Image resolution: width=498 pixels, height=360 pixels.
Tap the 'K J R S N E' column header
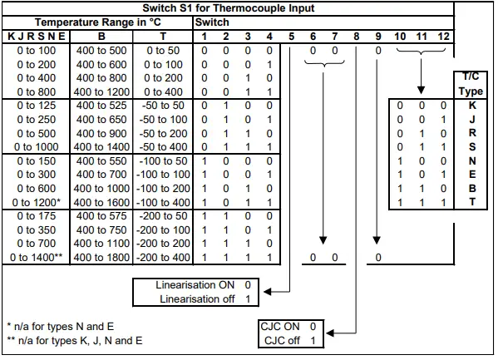(x=36, y=37)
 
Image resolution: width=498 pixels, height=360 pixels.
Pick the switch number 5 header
(x=292, y=37)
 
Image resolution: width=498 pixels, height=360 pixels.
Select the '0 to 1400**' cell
(x=36, y=258)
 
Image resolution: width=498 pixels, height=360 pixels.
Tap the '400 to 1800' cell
(x=102, y=258)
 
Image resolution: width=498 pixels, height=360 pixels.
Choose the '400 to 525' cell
(x=102, y=105)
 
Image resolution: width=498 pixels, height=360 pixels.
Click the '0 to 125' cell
(x=37, y=105)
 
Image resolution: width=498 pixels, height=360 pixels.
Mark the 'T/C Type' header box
(x=471, y=84)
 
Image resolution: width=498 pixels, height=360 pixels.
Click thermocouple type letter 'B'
(x=471, y=189)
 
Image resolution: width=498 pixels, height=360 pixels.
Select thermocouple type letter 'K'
(x=471, y=106)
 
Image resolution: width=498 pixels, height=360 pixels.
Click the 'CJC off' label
(x=280, y=341)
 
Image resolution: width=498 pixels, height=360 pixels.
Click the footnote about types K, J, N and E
(x=76, y=341)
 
